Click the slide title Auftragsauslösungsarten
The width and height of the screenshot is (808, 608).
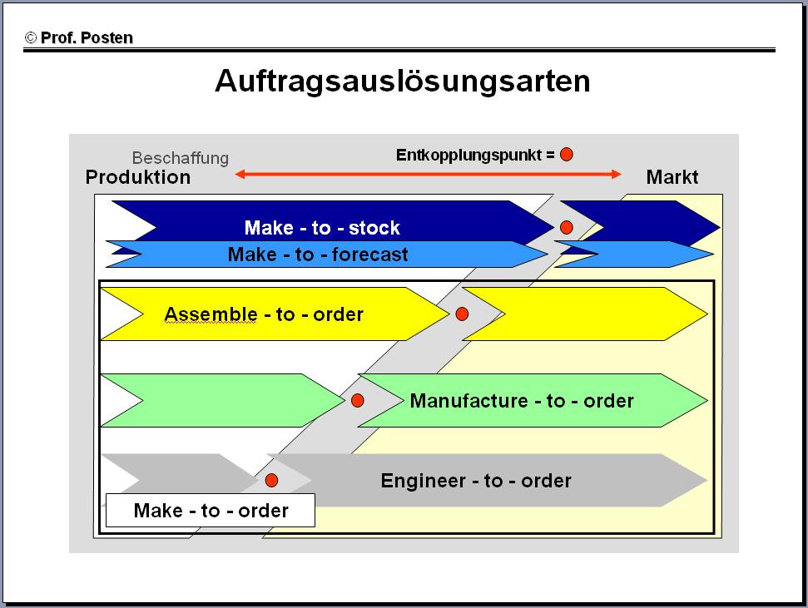403,82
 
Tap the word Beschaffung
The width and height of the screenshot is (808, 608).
181,158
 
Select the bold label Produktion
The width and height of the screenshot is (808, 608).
138,177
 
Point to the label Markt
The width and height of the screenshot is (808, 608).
672,177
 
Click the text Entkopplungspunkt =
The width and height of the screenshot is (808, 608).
475,155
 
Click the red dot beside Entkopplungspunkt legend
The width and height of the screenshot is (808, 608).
567,155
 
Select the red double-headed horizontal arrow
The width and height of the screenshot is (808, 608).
429,174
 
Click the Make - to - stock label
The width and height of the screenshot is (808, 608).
322,228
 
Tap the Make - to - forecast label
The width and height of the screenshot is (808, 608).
318,255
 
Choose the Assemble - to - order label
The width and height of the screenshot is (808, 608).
264,314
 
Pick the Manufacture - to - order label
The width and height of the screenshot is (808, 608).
522,401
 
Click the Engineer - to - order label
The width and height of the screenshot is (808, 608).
476,481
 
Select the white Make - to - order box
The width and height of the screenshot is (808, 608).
211,510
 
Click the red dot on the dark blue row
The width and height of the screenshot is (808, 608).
567,227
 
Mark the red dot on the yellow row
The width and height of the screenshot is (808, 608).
462,314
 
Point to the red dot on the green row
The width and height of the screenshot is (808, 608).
358,400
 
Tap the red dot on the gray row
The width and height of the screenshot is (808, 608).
271,480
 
